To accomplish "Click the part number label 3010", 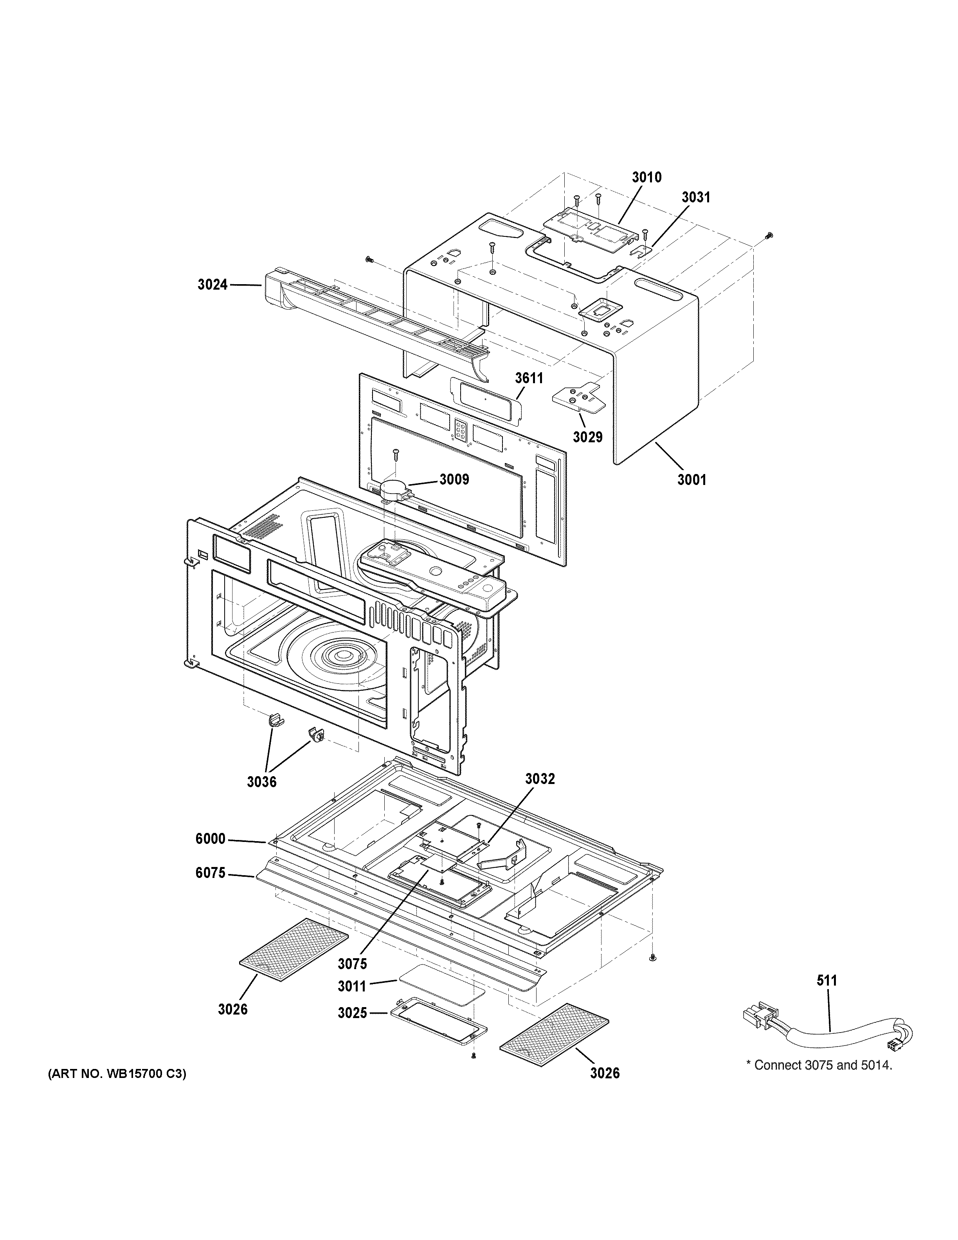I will [x=646, y=178].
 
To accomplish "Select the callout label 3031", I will [x=696, y=198].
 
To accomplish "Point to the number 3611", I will [x=529, y=378].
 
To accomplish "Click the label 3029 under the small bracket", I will [x=587, y=437].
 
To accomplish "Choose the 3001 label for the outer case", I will [x=692, y=480].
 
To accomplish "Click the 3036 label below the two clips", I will [x=262, y=782].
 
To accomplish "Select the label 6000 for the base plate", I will [x=211, y=838].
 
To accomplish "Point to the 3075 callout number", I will [x=353, y=964].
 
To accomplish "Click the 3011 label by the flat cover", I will [x=353, y=987].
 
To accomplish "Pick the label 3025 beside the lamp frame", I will [x=353, y=1013].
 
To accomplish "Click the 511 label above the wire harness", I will [x=827, y=980].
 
